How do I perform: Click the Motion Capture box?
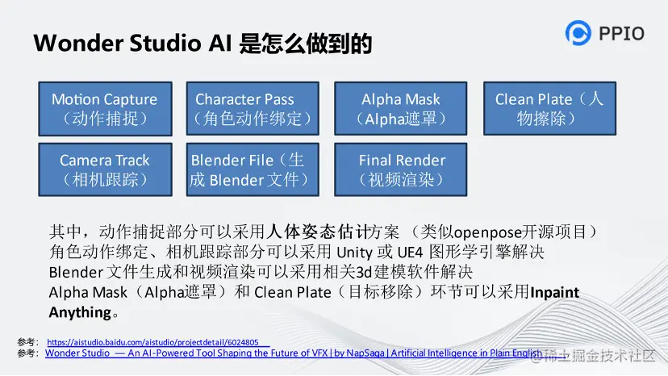coord(105,109)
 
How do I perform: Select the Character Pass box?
coord(253,109)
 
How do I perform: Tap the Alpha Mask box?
coord(400,109)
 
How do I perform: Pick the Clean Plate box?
coord(549,109)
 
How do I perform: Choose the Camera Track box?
coord(105,169)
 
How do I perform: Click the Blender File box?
coord(253,169)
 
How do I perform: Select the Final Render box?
coord(400,169)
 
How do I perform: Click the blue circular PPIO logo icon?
coord(578,33)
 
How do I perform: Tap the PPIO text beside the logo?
coord(621,33)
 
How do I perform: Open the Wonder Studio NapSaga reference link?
coord(294,353)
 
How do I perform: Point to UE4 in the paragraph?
coord(410,253)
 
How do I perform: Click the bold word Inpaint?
coord(555,292)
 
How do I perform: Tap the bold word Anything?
coord(80,312)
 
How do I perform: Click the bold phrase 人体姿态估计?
coord(317,232)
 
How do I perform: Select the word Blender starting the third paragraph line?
coord(76,273)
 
